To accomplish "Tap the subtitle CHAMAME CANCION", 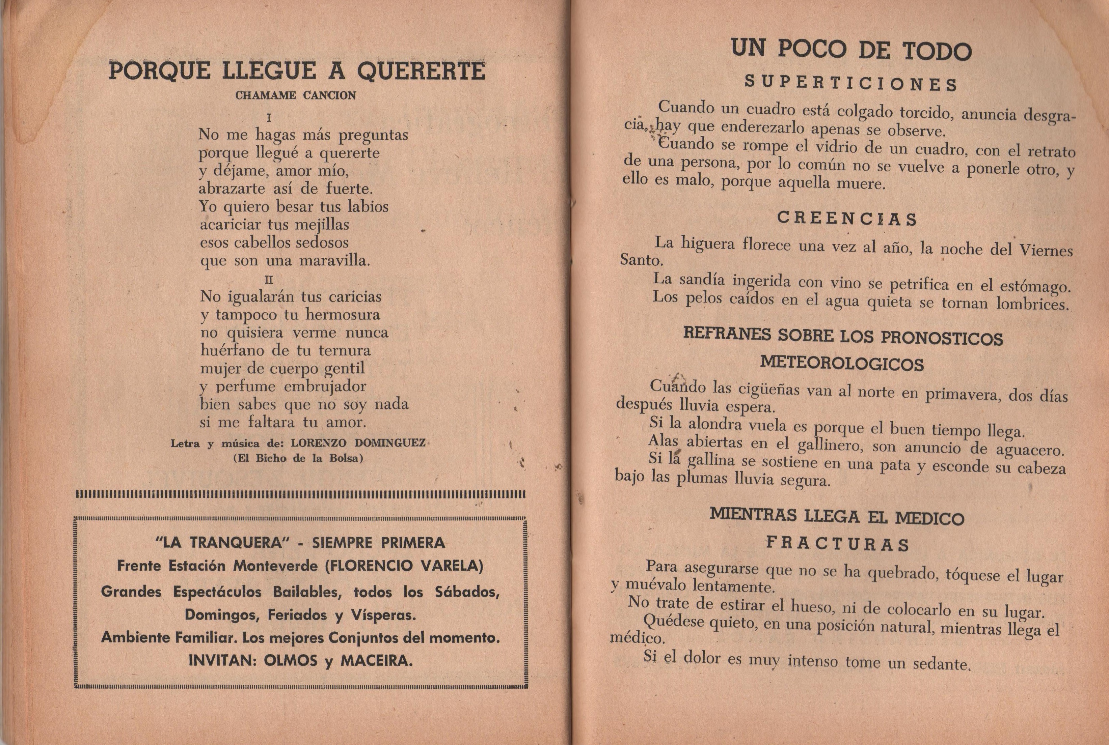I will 296,95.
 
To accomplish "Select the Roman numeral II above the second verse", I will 269,280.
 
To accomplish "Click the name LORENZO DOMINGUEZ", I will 358,443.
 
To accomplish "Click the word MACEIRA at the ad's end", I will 377,660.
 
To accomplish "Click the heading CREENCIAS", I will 847,219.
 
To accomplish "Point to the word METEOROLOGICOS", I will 842,364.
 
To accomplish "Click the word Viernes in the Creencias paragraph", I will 1046,250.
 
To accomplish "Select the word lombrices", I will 1032,304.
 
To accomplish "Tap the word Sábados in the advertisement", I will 466,592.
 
